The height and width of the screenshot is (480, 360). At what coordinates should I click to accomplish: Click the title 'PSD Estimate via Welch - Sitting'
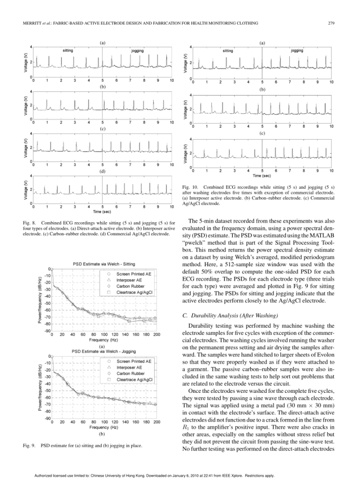click(x=104, y=264)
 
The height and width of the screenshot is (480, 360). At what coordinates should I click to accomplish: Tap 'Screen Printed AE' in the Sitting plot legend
click(x=134, y=273)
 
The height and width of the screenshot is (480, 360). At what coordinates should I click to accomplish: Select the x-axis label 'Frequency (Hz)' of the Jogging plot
click(x=104, y=427)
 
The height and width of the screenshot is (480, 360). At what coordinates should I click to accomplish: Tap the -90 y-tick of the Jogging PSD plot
click(x=47, y=419)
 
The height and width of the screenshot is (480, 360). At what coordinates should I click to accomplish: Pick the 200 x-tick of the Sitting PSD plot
click(x=157, y=334)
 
